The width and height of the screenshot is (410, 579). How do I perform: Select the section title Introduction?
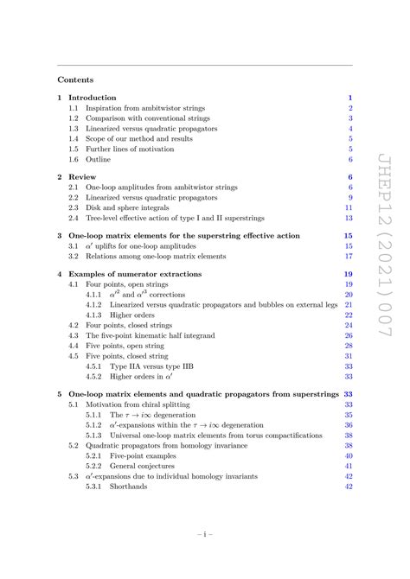pyautogui.click(x=93, y=98)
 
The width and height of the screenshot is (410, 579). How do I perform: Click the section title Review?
pyautogui.click(x=81, y=177)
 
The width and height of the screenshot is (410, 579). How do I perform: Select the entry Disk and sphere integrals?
pyautogui.click(x=129, y=208)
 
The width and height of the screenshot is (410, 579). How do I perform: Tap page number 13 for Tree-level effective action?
pyautogui.click(x=348, y=219)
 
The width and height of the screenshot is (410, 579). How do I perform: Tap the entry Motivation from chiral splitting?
pyautogui.click(x=141, y=405)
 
